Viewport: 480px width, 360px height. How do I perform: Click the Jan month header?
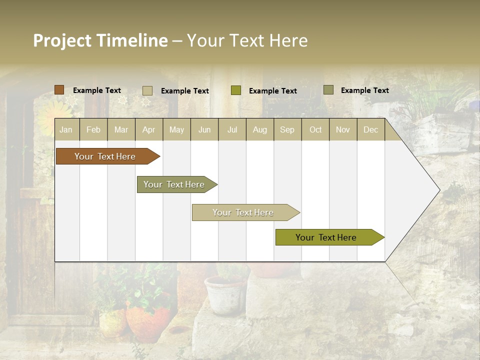(x=66, y=130)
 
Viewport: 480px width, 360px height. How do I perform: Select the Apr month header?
(x=148, y=130)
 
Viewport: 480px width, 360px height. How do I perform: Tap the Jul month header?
(x=232, y=130)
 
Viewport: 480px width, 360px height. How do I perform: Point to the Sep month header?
(x=287, y=130)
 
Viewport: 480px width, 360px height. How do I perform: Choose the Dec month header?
(x=370, y=130)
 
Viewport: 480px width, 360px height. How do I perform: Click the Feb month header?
(x=93, y=130)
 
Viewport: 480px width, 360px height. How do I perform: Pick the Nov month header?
(x=342, y=130)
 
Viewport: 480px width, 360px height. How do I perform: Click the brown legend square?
(x=59, y=90)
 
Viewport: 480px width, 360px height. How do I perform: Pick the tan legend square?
(x=147, y=90)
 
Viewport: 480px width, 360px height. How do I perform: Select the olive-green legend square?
(x=236, y=90)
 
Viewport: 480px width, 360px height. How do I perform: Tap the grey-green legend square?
(x=328, y=90)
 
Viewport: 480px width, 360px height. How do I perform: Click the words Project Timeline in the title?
(x=100, y=40)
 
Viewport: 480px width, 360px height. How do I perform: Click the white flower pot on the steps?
(x=224, y=295)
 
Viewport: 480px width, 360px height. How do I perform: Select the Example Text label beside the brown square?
(x=97, y=90)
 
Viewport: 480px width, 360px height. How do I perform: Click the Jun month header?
(x=204, y=130)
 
